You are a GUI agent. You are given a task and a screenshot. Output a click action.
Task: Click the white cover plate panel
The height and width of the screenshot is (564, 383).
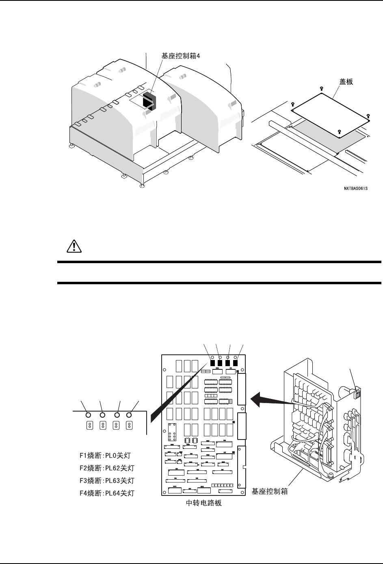click(x=329, y=112)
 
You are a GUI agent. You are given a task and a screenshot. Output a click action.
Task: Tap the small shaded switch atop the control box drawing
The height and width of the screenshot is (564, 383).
click(x=357, y=395)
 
